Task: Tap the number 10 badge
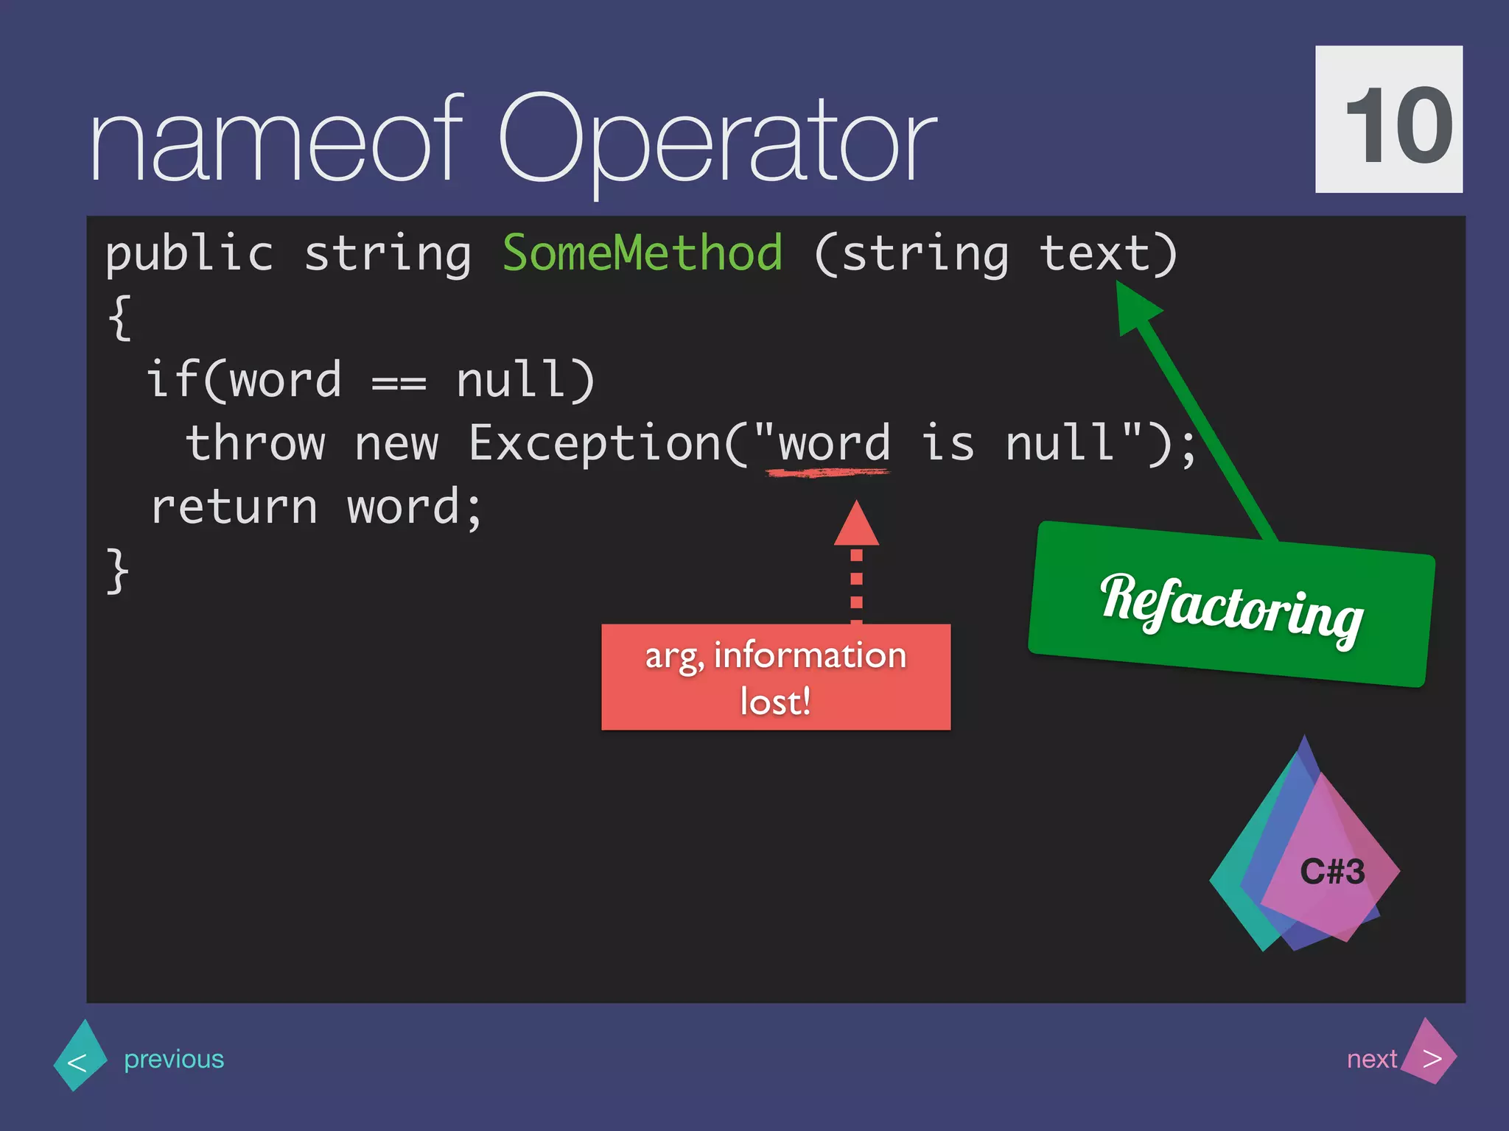click(1389, 119)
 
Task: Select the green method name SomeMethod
click(642, 253)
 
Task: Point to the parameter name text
click(1095, 253)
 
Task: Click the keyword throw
click(255, 443)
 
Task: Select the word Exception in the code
click(595, 443)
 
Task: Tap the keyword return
click(234, 507)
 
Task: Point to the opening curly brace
click(119, 317)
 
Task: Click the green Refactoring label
click(1230, 605)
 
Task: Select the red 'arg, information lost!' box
click(775, 677)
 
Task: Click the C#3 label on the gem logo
click(1332, 872)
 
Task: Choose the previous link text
click(174, 1059)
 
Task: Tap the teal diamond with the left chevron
click(80, 1057)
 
